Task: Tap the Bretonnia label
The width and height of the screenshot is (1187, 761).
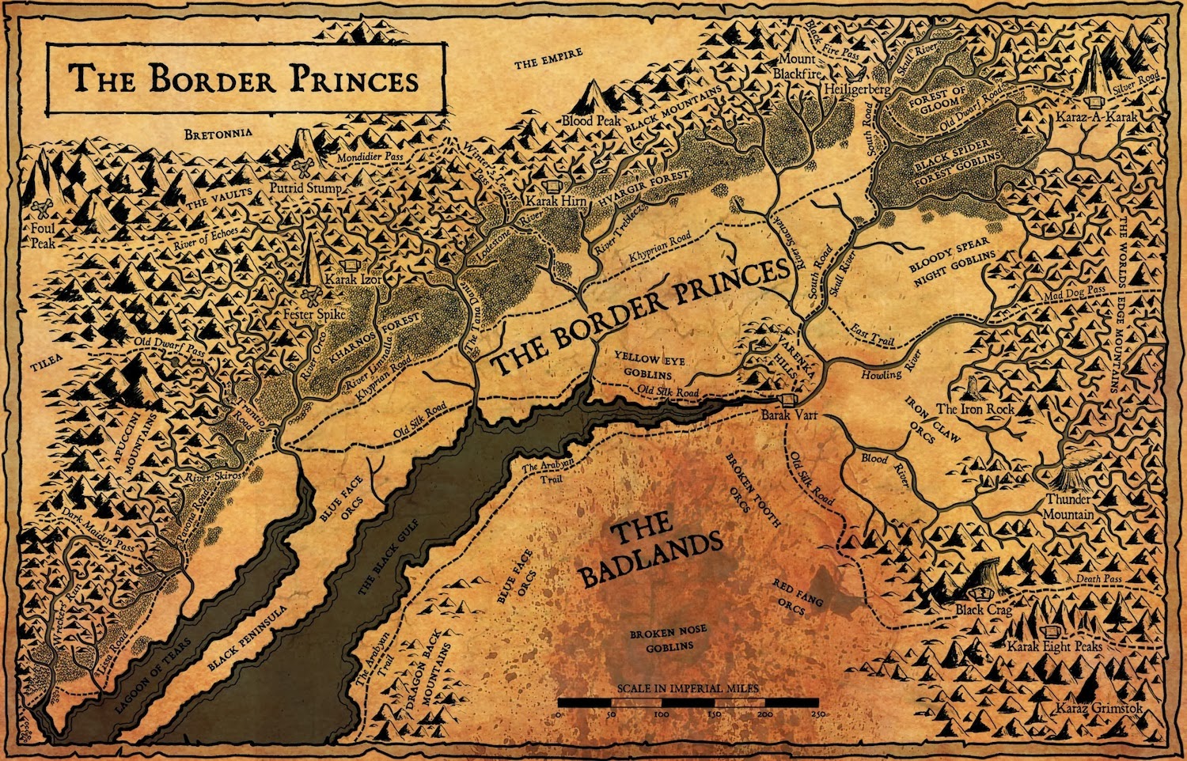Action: pos(218,134)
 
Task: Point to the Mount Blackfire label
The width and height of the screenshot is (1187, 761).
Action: pos(798,66)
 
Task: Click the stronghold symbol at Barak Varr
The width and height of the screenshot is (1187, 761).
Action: pos(787,399)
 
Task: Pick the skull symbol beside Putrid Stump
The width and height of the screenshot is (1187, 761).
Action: pos(302,168)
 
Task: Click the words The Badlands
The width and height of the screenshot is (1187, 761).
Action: pos(649,547)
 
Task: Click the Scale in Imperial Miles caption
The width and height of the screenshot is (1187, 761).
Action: pos(688,688)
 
